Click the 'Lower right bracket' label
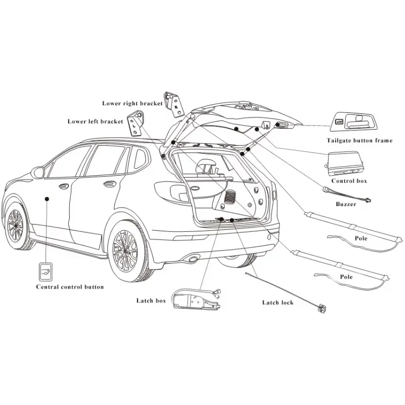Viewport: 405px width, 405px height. coord(132,103)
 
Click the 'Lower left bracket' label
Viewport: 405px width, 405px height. coord(95,121)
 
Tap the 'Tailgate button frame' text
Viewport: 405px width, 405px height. coord(359,140)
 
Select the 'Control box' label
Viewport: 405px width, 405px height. coord(349,181)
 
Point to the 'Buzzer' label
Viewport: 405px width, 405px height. coord(346,204)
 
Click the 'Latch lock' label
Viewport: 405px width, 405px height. coord(277,302)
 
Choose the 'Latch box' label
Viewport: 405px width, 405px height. coord(151,301)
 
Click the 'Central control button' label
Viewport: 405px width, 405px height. coord(70,287)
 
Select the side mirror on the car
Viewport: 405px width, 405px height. coord(38,172)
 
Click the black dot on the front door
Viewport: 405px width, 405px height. coord(48,199)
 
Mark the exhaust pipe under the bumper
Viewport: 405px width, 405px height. coord(192,260)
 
